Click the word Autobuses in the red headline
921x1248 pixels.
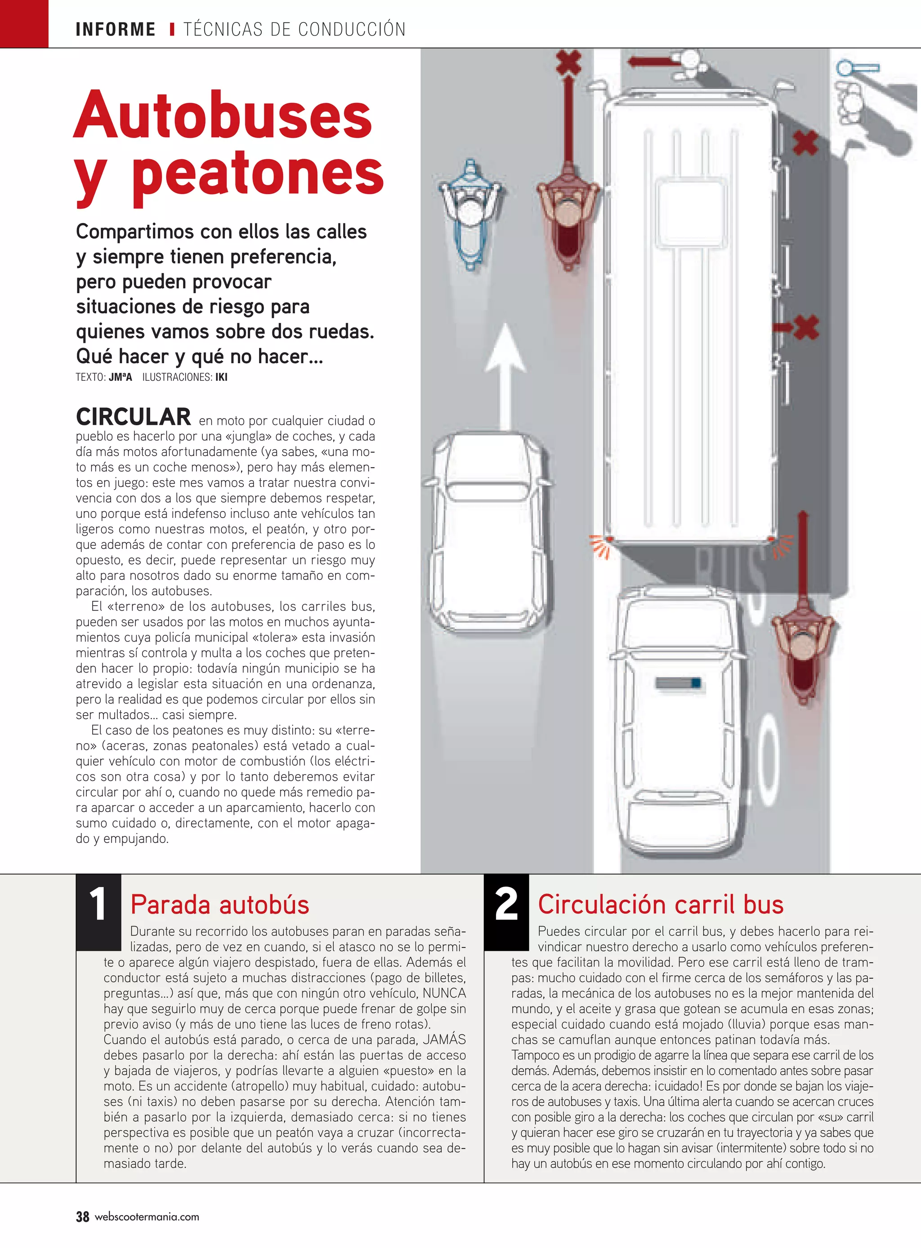[223, 116]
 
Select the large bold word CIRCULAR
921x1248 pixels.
[133, 417]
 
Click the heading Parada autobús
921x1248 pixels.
[219, 905]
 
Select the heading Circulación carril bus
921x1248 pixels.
[661, 905]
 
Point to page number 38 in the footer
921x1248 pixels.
[82, 1217]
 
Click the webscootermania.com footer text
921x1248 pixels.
[147, 1217]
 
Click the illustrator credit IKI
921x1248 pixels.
[221, 377]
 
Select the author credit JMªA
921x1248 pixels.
[121, 377]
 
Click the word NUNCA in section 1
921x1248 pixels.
[444, 993]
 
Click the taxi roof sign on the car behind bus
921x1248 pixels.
[678, 683]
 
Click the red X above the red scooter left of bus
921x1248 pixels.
[568, 62]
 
